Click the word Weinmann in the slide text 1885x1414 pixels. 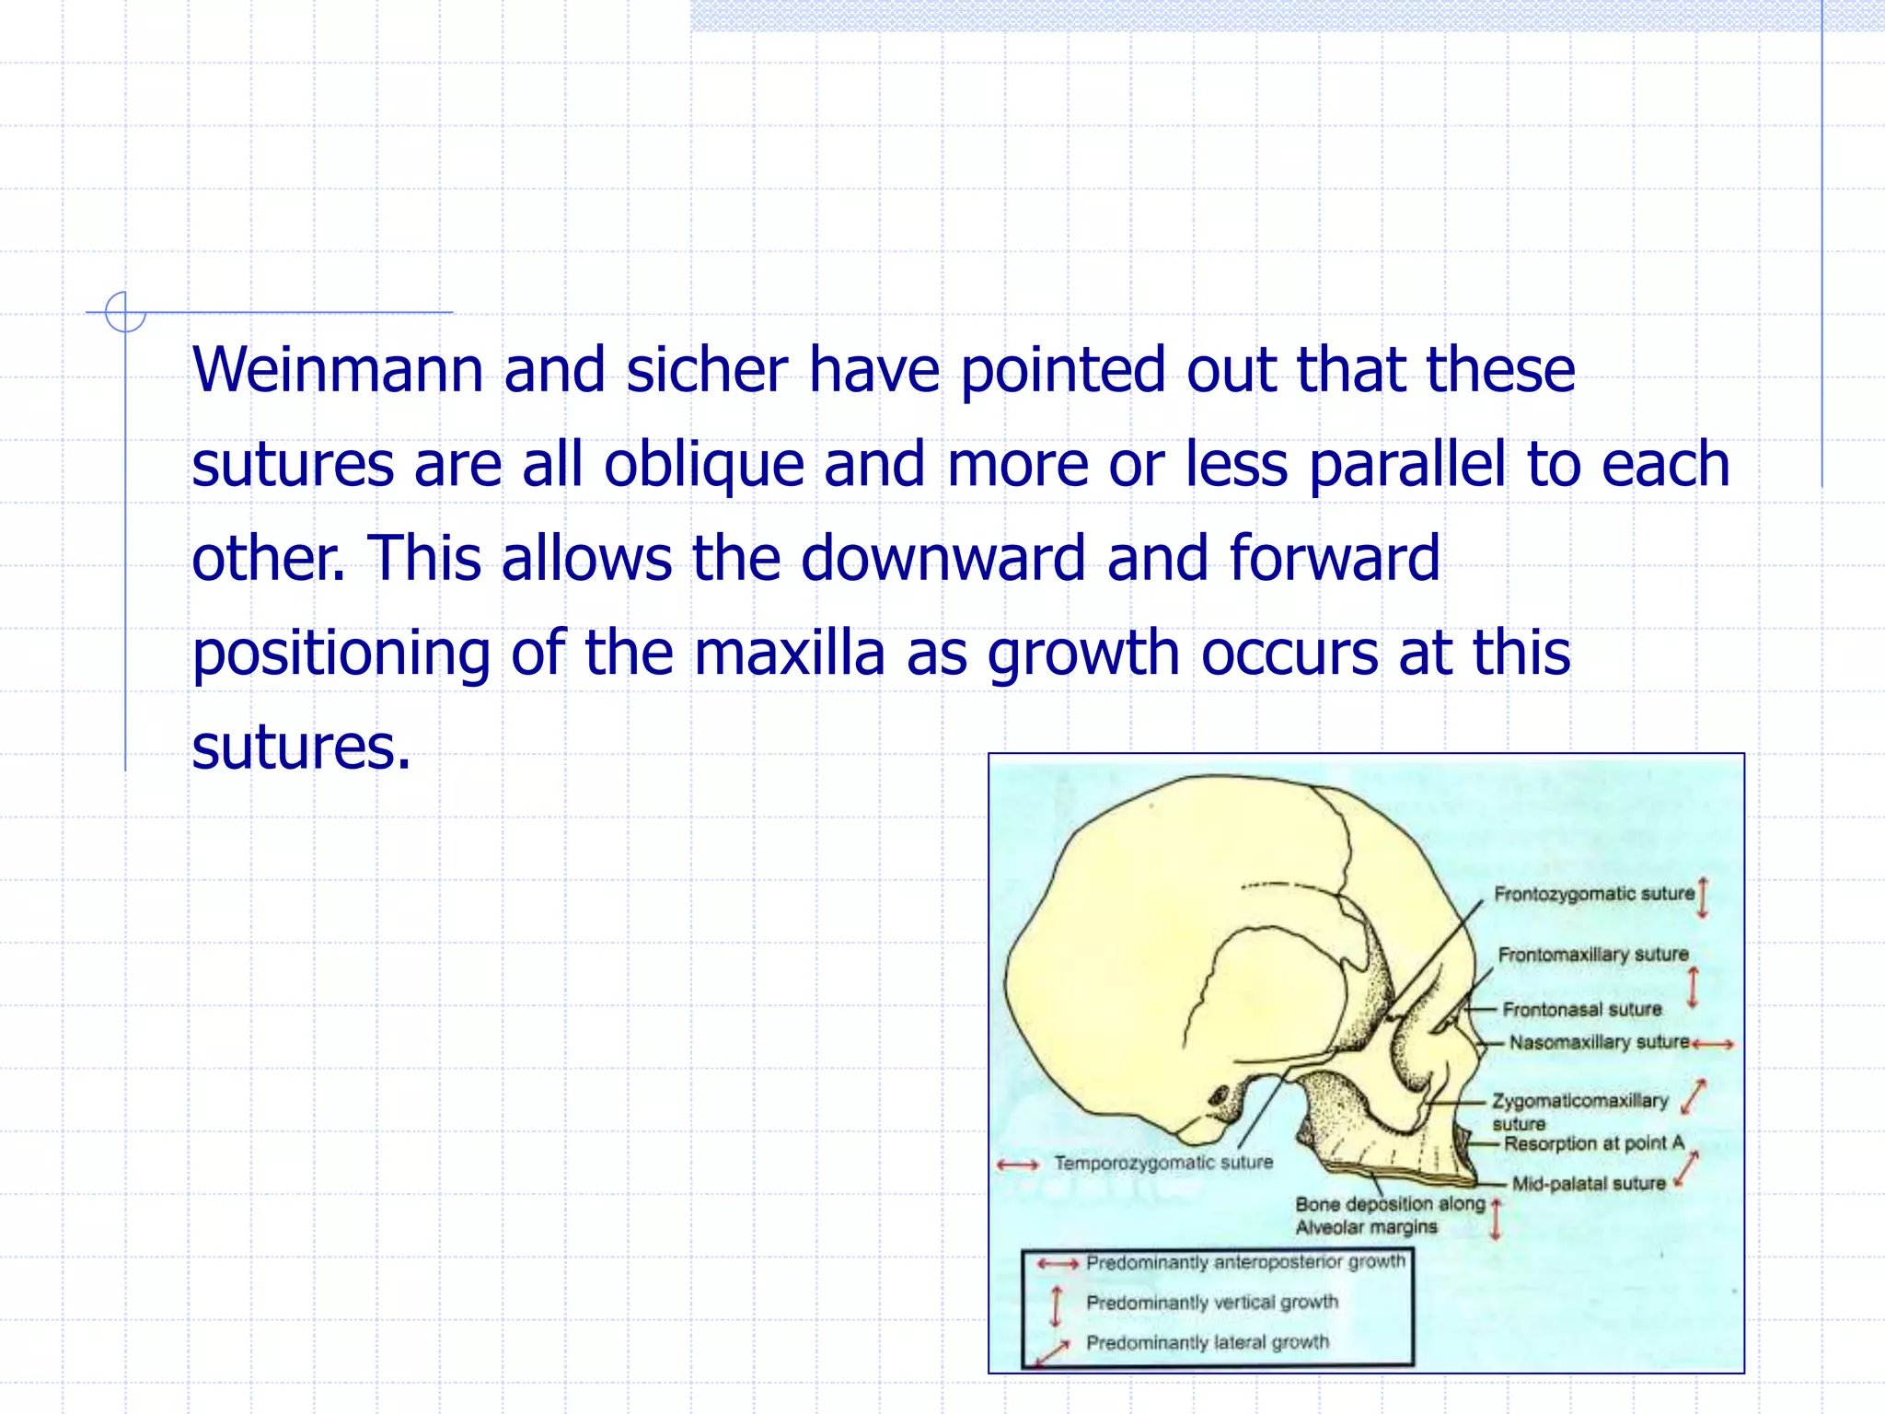tap(337, 370)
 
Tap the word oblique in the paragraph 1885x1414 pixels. tap(703, 465)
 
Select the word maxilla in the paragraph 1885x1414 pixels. tap(789, 653)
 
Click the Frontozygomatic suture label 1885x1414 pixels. tap(1593, 894)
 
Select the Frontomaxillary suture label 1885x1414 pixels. tap(1593, 955)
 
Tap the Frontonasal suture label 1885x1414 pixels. tap(1582, 1010)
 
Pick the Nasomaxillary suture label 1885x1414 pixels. tap(1599, 1042)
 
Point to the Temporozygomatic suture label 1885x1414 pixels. tap(1163, 1164)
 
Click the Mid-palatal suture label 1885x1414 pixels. tap(1589, 1184)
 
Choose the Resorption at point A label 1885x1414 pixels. tap(1593, 1143)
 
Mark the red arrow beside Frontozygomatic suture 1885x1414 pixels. tap(1703, 897)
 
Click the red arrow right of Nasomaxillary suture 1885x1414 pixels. tap(1713, 1044)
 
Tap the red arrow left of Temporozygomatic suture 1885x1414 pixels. tap(1017, 1165)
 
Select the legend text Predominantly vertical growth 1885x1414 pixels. tap(1212, 1303)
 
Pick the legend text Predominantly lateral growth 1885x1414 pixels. tap(1208, 1342)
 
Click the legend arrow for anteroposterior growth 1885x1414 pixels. tap(1057, 1264)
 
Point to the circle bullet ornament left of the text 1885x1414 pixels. tap(125, 312)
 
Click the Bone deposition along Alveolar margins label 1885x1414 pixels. tap(1389, 1215)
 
